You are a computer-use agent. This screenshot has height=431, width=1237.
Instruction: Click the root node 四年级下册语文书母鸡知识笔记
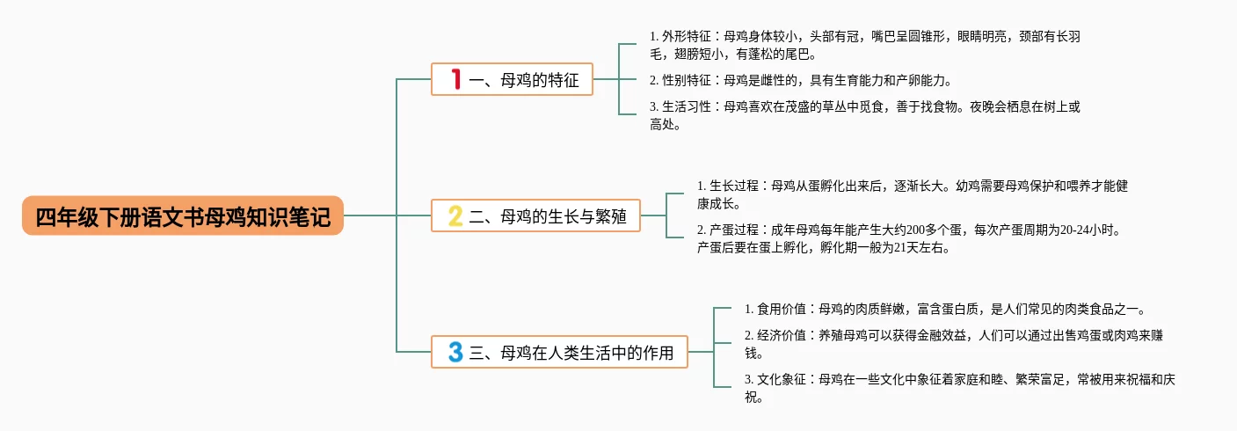pos(183,215)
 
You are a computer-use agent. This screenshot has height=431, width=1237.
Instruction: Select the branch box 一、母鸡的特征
pos(513,79)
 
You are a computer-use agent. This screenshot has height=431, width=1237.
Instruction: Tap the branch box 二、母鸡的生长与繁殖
pos(535,215)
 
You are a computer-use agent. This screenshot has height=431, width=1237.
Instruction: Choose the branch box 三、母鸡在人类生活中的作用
pos(559,352)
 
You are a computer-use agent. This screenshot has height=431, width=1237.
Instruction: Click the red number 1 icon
pos(455,79)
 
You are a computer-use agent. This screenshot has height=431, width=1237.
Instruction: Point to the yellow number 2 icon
pos(455,215)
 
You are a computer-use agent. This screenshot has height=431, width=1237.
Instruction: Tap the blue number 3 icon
pos(455,352)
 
